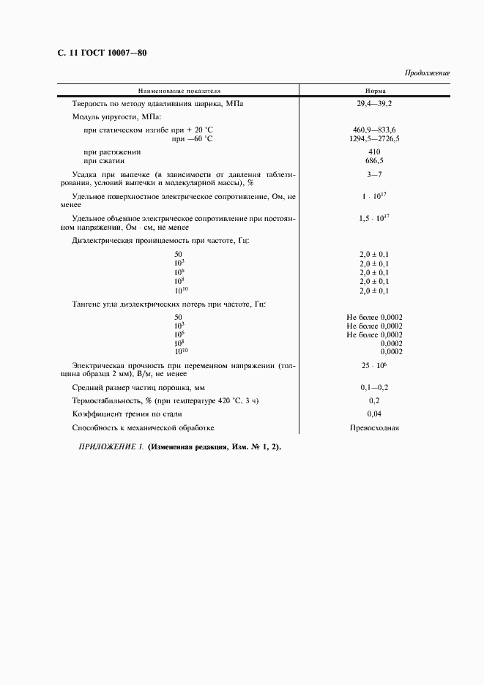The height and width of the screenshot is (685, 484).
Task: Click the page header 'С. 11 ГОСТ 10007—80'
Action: pyautogui.click(x=102, y=53)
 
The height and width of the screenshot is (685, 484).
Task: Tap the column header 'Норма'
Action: pyautogui.click(x=375, y=91)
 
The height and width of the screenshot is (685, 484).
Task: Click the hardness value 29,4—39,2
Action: pyautogui.click(x=374, y=104)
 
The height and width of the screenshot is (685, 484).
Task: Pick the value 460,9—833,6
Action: pyautogui.click(x=374, y=129)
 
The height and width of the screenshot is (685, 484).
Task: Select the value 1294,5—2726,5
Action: pyautogui.click(x=374, y=138)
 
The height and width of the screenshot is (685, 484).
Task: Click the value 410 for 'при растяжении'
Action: pyautogui.click(x=374, y=151)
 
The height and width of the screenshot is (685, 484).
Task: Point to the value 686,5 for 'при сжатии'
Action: pyautogui.click(x=374, y=160)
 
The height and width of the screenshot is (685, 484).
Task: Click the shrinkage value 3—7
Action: pyautogui.click(x=374, y=175)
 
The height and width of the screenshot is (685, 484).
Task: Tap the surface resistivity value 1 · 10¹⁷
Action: pyautogui.click(x=374, y=198)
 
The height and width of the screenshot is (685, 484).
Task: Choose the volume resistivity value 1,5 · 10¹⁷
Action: pyautogui.click(x=374, y=219)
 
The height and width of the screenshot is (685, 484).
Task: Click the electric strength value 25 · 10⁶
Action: pyautogui.click(x=374, y=364)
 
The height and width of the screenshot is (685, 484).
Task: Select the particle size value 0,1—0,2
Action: pyautogui.click(x=374, y=386)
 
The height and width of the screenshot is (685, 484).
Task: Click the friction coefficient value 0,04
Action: pyautogui.click(x=374, y=414)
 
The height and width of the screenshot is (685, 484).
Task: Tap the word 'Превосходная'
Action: pyautogui.click(x=374, y=428)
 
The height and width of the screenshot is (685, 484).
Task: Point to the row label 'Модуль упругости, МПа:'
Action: pyautogui.click(x=117, y=116)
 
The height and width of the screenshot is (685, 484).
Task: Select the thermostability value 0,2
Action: pyautogui.click(x=374, y=400)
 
